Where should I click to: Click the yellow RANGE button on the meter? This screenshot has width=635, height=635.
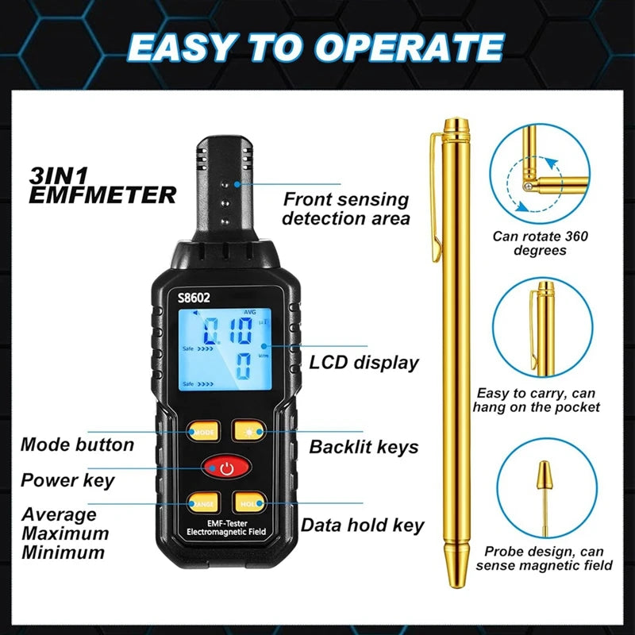202,502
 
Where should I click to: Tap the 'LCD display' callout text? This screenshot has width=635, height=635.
364,363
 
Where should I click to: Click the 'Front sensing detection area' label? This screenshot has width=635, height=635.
346,209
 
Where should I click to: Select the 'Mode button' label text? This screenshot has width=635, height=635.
77,444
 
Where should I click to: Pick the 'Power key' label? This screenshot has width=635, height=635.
67,480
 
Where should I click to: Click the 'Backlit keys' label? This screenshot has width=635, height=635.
364,447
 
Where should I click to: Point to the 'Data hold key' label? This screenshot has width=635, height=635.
362,525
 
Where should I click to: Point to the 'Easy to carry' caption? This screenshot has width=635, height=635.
537,400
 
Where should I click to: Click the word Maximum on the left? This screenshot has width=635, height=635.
65,533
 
